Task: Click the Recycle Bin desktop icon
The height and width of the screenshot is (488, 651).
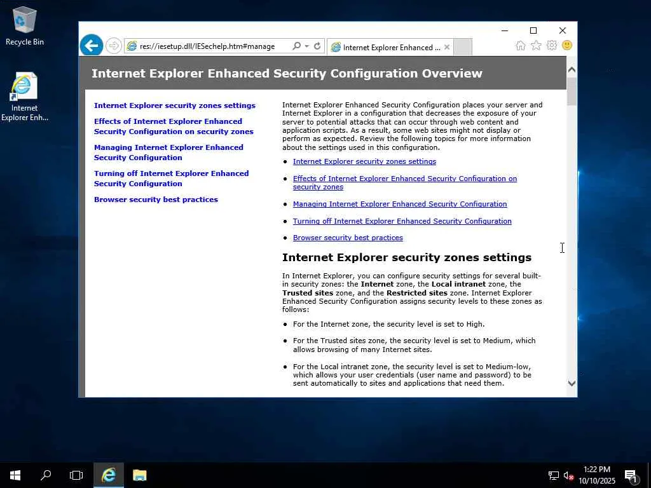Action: click(x=24, y=25)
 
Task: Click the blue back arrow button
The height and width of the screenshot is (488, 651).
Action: click(x=92, y=46)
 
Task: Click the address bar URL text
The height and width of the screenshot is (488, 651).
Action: click(x=207, y=46)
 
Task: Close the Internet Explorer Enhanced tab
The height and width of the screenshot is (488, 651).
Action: click(x=447, y=47)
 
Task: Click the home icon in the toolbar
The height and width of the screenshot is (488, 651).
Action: click(x=521, y=46)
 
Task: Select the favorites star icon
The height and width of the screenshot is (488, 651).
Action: click(x=536, y=46)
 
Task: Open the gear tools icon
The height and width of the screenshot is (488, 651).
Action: click(x=551, y=46)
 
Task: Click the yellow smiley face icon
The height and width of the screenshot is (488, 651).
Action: click(x=566, y=46)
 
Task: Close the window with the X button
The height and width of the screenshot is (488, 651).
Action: click(x=562, y=30)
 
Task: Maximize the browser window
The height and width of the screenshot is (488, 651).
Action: click(x=533, y=30)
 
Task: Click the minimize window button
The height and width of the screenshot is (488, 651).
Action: click(x=505, y=30)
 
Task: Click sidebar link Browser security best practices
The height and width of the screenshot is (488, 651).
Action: click(x=156, y=200)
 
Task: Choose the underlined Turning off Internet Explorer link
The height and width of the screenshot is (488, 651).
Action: click(x=402, y=221)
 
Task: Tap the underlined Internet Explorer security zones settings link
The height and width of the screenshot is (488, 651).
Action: click(x=364, y=161)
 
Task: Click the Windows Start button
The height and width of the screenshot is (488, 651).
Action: click(x=15, y=475)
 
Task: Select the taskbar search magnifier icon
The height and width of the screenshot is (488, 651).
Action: click(x=46, y=475)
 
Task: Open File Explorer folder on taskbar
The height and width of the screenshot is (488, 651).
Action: click(x=139, y=475)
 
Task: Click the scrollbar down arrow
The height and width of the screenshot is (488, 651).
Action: click(x=572, y=383)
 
